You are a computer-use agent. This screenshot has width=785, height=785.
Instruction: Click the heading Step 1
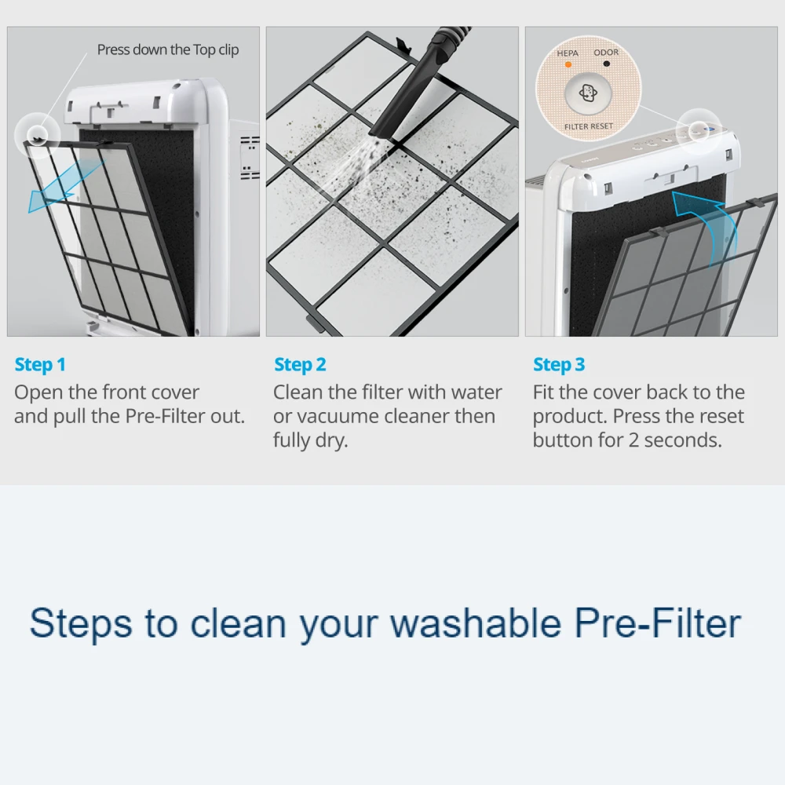coord(40,365)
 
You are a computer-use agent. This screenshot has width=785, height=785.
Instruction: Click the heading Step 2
coord(300,365)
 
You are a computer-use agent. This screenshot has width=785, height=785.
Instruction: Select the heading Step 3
coord(559,365)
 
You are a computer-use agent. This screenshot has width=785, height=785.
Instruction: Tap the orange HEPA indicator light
coord(568,64)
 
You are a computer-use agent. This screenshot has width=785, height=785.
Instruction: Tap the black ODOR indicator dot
coord(606,64)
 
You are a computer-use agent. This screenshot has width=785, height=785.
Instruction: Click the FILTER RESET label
coord(589,126)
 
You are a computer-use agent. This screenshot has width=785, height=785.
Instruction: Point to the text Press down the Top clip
coord(168,50)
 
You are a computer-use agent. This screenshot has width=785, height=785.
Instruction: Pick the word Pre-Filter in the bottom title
coord(657,623)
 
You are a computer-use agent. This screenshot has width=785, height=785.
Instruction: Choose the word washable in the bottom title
coord(475,623)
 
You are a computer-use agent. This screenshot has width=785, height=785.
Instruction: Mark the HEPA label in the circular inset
coord(568,53)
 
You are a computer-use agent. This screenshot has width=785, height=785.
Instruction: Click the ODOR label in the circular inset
coord(606,52)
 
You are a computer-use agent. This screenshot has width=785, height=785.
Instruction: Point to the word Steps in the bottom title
coord(81,624)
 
